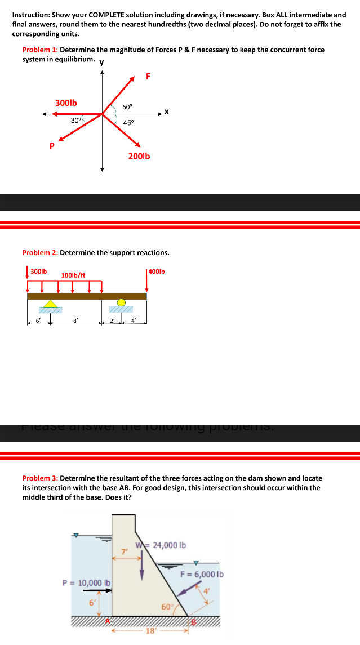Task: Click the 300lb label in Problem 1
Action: [66, 103]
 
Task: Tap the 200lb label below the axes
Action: [139, 156]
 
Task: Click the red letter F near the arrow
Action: [148, 77]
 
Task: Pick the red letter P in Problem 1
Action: [52, 146]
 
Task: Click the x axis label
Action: [167, 112]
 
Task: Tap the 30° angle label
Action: [76, 120]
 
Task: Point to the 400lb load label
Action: [157, 272]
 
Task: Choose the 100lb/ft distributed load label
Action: [73, 275]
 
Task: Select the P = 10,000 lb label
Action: [86, 582]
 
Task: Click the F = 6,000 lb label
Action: [202, 574]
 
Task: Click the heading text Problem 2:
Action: [40, 252]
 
